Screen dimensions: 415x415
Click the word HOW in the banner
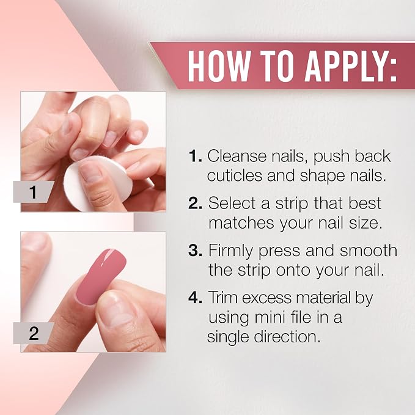219,66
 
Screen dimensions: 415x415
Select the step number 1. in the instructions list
196,156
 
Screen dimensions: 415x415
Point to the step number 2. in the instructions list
196,203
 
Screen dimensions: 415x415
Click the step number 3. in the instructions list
196,251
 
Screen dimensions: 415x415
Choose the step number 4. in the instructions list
196,298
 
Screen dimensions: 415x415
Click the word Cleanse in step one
237,156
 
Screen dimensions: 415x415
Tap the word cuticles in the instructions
235,175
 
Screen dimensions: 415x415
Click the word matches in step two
241,223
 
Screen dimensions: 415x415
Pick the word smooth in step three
369,250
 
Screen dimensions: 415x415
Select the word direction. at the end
287,337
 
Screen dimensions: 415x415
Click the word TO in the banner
277,66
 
